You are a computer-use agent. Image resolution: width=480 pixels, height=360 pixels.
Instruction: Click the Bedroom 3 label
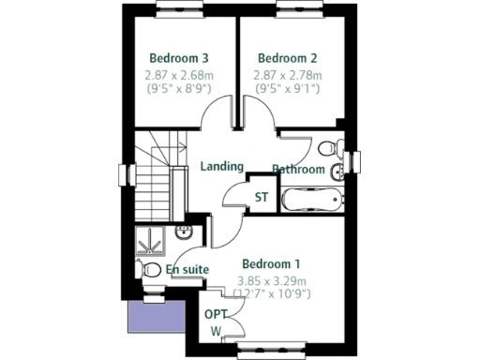tap(178, 57)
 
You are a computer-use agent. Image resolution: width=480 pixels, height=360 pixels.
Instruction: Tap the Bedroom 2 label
tap(286, 57)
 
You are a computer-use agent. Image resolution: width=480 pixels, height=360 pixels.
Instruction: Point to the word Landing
tap(222, 166)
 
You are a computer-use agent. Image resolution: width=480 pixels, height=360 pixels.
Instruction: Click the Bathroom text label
tap(298, 170)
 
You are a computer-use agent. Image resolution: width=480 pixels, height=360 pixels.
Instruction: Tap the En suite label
tap(187, 270)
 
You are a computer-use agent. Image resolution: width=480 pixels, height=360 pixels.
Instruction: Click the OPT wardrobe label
tap(216, 315)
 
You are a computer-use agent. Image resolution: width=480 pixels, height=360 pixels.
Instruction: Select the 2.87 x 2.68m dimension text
tap(178, 74)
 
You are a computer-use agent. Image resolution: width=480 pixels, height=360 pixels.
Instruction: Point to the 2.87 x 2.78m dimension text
tap(286, 74)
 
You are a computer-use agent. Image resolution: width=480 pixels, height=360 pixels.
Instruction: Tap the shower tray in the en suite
tap(149, 242)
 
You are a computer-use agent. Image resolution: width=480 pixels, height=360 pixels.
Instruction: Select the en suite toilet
tap(148, 269)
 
